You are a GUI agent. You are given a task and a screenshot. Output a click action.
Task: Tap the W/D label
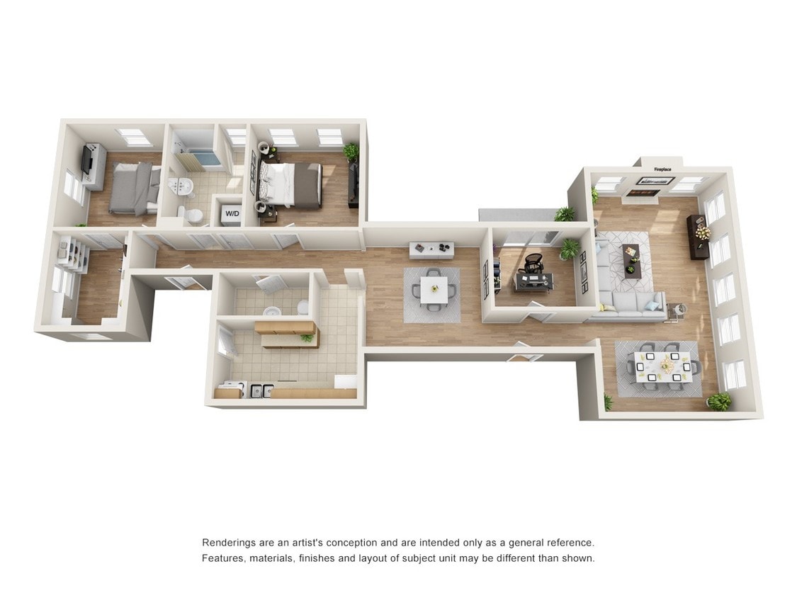click(x=232, y=213)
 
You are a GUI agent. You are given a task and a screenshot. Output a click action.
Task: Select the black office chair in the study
click(x=533, y=264)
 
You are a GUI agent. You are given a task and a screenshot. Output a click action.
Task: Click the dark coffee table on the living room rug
click(x=631, y=260)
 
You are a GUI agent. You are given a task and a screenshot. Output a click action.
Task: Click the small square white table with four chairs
click(x=433, y=289)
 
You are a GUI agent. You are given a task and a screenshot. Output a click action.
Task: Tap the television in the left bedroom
click(x=86, y=161)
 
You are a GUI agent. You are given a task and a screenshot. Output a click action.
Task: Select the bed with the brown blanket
click(x=292, y=184)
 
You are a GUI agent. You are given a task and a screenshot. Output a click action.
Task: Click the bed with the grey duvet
click(x=134, y=188)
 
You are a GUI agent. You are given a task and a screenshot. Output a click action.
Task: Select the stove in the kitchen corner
click(x=232, y=389)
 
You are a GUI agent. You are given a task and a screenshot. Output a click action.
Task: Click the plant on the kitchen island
click(x=307, y=337)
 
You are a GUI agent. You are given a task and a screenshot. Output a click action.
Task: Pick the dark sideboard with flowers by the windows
click(x=698, y=236)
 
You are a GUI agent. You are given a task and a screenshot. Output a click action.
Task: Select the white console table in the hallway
click(x=431, y=249)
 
